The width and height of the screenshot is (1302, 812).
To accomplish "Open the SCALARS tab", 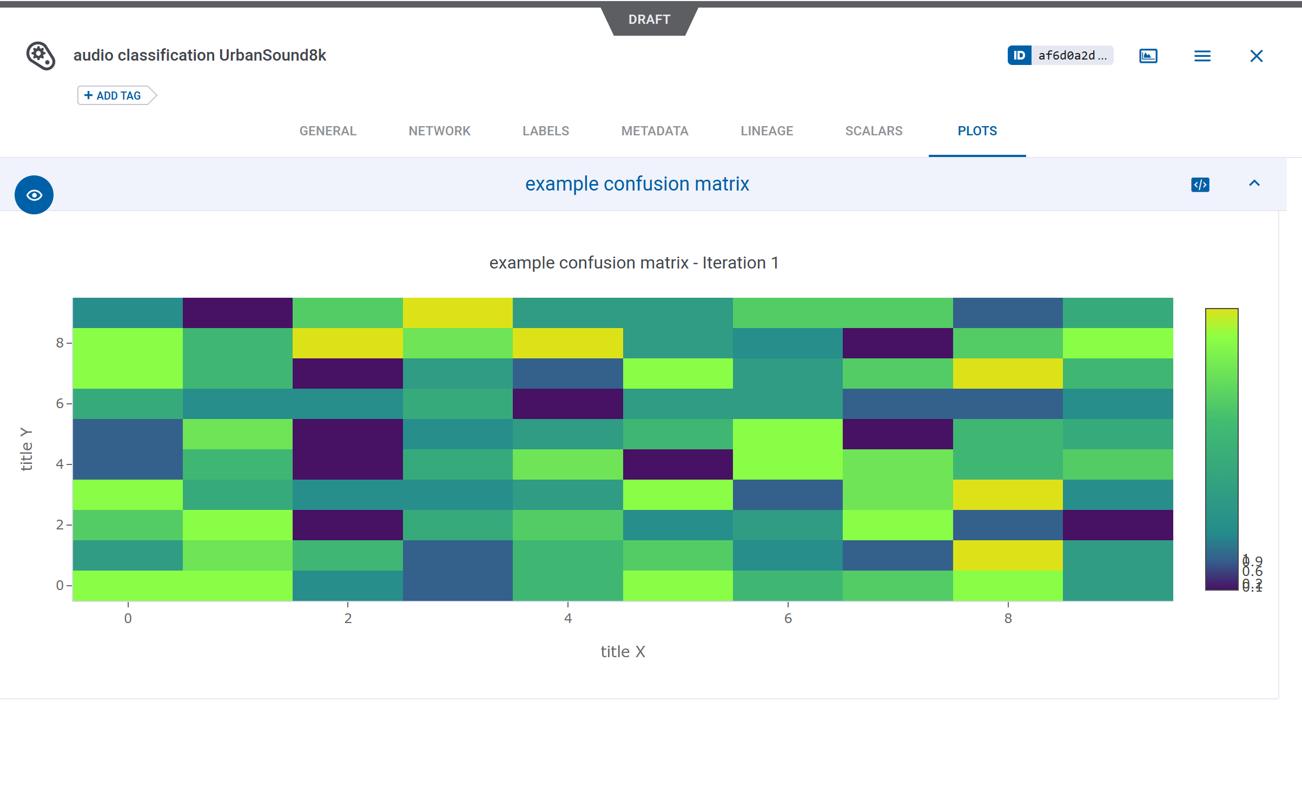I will coord(874,131).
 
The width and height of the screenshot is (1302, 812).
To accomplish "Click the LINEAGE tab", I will coord(766,131).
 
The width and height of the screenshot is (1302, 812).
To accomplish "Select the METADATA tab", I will coord(655,131).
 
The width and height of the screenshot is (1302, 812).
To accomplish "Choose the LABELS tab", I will coord(545,131).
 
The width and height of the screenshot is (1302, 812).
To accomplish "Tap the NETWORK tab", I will coord(439,131).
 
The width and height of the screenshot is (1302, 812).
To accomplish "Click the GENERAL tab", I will coord(328,131).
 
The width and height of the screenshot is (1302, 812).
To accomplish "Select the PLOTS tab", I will coord(977,131).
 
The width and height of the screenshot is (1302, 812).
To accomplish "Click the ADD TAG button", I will coord(113,96).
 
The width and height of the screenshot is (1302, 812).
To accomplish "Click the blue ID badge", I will coord(1019,55).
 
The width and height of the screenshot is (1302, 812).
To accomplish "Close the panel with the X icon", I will coord(1256,56).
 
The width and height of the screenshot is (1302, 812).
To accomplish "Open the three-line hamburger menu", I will coord(1202,56).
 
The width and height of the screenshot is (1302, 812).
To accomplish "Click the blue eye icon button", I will coord(34,195).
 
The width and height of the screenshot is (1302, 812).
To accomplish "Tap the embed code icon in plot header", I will coord(1200,185).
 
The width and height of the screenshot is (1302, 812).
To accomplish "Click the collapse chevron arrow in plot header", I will coord(1254,184).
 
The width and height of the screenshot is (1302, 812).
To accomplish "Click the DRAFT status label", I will coord(649,19).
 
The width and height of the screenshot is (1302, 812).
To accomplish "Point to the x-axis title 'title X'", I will coord(623,651).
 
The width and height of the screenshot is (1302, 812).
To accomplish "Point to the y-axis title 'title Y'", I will coord(26,449).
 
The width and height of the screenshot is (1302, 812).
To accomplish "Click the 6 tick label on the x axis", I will coord(788,618).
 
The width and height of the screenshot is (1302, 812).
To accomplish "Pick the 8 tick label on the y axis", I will coord(60,343).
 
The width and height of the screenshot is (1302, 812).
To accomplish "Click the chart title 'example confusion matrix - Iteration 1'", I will coord(634,263).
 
